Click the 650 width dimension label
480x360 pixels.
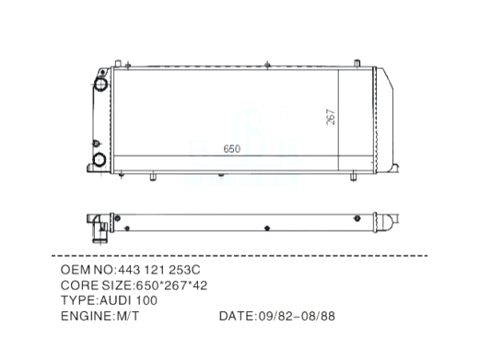232,149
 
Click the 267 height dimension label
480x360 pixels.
331,117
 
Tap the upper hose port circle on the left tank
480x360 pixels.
100,84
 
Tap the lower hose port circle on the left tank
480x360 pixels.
100,160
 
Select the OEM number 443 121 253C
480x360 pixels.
159,270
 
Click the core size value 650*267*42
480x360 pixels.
171,285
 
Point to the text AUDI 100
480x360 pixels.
128,300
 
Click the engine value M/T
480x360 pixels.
127,316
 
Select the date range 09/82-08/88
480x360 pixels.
297,316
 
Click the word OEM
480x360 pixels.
76,270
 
